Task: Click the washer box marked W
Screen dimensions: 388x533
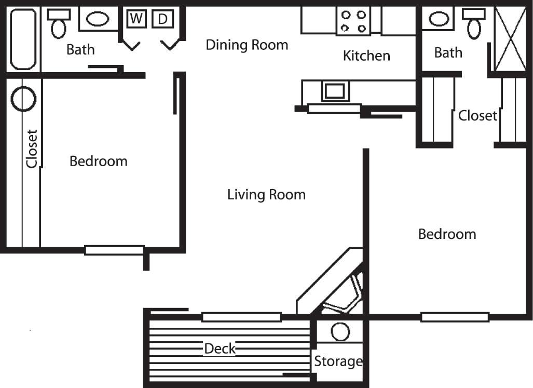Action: [136, 19]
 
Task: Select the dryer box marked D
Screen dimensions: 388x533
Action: [162, 19]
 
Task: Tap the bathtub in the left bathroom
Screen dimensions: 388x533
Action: [23, 39]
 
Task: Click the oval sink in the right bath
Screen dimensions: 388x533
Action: [439, 20]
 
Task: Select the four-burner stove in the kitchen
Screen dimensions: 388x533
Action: [353, 21]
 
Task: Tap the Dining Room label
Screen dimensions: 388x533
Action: [247, 45]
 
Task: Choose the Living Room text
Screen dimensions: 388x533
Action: [266, 195]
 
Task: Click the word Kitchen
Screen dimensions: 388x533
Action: [366, 56]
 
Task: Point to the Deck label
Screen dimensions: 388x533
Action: [220, 349]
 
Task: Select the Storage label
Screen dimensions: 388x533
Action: [338, 361]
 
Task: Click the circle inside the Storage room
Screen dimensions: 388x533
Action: [340, 331]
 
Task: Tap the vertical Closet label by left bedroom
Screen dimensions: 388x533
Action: [32, 149]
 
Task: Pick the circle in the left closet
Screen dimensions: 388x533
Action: [23, 99]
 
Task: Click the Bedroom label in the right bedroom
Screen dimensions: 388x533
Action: [447, 234]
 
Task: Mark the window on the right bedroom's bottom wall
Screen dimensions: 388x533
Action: [455, 317]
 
